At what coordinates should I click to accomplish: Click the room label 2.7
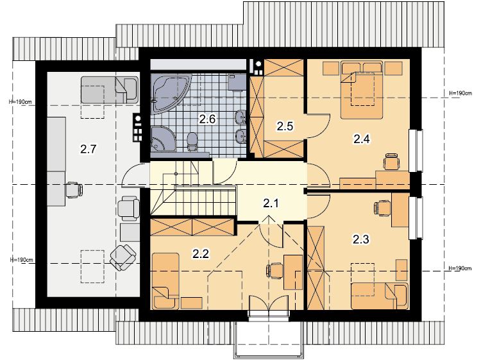tap(89, 149)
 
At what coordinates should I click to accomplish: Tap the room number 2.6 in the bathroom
tap(207, 119)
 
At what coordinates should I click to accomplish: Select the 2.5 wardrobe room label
tap(285, 126)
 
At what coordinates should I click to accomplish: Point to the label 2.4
tap(362, 139)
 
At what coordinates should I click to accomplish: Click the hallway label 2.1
tap(271, 203)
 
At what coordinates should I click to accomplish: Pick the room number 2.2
tap(201, 254)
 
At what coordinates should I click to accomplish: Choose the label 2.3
tap(360, 239)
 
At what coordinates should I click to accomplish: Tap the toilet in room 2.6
tap(192, 142)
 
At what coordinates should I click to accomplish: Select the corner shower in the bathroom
tap(163, 138)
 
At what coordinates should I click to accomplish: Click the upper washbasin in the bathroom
tap(241, 117)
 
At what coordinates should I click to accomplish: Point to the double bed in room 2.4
tap(362, 90)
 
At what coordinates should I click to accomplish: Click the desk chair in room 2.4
tap(392, 162)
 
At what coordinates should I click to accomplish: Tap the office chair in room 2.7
tap(74, 190)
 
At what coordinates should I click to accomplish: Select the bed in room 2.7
tap(110, 90)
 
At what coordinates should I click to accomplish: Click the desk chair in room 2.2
tap(274, 271)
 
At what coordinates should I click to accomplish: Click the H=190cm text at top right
tap(460, 93)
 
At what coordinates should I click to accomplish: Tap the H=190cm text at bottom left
tap(21, 260)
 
